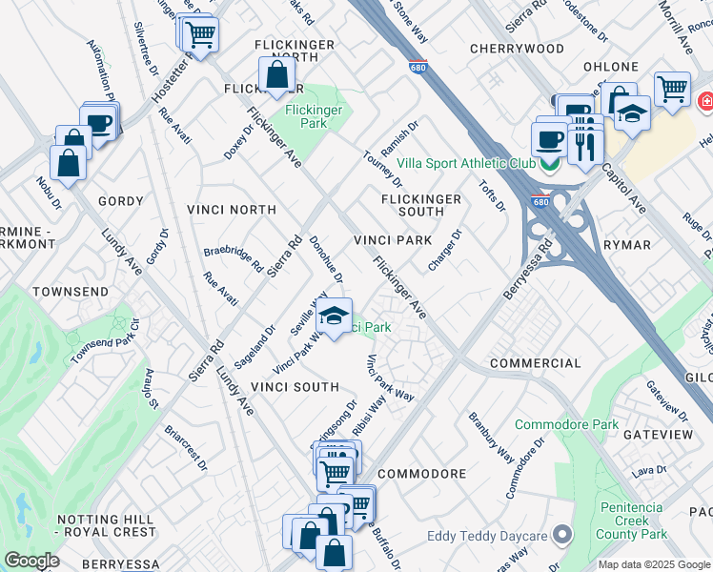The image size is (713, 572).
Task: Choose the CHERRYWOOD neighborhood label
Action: [518, 48]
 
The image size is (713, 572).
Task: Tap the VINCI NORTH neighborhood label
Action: [233, 210]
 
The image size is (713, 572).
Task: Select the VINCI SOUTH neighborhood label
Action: [295, 387]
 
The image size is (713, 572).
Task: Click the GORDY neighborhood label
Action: [121, 202]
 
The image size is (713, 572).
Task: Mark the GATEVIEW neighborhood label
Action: [658, 434]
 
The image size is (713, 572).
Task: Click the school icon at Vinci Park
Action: [334, 317]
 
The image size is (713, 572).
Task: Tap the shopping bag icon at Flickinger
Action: [275, 74]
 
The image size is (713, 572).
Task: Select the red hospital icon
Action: [705, 100]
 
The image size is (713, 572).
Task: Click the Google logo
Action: [31, 561]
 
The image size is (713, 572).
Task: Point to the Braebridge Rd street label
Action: [233, 260]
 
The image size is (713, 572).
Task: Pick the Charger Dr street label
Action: [444, 250]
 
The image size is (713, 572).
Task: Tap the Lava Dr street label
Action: [647, 470]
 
